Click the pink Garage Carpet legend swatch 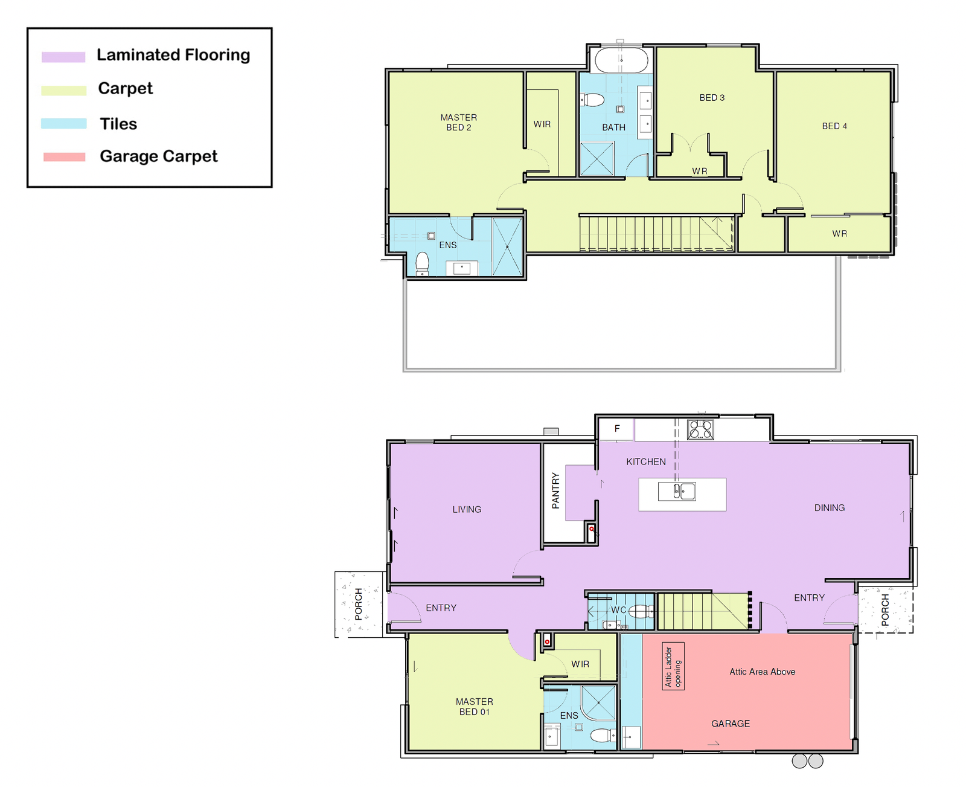click(x=64, y=157)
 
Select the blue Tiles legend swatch click(x=63, y=123)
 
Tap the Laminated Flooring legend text click(x=173, y=55)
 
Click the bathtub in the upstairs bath click(x=621, y=60)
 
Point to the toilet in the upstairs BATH click(x=592, y=99)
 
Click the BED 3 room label click(x=712, y=97)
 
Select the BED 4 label click(x=834, y=126)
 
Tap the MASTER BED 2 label click(x=458, y=123)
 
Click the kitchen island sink click(x=676, y=492)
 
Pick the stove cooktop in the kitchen click(x=700, y=429)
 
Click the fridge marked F click(x=616, y=429)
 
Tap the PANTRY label click(x=555, y=490)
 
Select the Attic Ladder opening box click(x=673, y=666)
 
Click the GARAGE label click(x=730, y=724)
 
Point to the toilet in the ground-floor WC click(x=640, y=611)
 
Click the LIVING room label click(x=467, y=509)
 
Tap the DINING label click(x=829, y=507)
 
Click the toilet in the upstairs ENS click(x=422, y=263)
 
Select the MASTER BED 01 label click(x=474, y=707)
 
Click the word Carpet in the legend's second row click(x=125, y=88)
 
